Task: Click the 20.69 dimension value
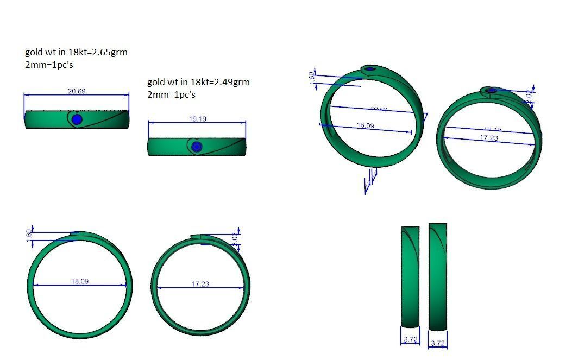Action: click(76, 91)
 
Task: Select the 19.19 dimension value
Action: click(197, 119)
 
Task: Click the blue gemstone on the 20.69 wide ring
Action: click(77, 119)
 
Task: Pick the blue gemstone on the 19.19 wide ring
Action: click(197, 146)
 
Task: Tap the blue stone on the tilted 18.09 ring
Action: click(371, 69)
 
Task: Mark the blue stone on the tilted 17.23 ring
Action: click(492, 91)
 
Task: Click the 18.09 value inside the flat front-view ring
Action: click(79, 281)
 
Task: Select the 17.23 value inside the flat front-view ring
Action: click(200, 284)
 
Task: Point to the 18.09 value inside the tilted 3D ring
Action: click(365, 125)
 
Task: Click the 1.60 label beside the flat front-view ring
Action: click(29, 233)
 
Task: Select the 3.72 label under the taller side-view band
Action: click(438, 343)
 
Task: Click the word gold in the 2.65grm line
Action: click(34, 53)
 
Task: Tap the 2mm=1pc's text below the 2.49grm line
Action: click(171, 94)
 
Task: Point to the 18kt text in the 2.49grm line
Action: click(198, 83)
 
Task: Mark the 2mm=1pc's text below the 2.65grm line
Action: click(49, 65)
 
